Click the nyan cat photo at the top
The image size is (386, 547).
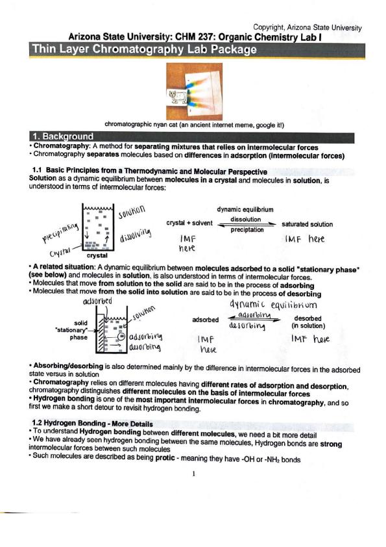194,92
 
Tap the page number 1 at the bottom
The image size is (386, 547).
193,474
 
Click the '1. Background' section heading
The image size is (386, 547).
63,136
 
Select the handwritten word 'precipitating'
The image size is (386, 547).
60,233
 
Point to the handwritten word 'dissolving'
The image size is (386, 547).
136,235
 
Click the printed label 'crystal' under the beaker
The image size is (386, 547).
97,255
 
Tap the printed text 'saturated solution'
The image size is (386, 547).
307,224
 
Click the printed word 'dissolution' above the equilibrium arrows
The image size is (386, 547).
245,219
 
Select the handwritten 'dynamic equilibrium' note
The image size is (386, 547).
273,305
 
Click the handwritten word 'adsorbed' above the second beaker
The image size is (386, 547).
97,301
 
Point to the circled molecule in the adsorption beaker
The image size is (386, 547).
121,337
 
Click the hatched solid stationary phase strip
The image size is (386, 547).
101,334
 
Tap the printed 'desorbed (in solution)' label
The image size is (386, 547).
308,322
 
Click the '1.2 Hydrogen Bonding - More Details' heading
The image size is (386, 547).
92,424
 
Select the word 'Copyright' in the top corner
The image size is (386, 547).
268,27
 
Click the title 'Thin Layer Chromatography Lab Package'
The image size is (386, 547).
144,49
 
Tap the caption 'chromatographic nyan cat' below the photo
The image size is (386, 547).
141,124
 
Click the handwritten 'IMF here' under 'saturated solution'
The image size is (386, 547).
304,239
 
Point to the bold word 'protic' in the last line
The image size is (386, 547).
165,457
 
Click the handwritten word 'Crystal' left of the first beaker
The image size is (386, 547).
60,253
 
